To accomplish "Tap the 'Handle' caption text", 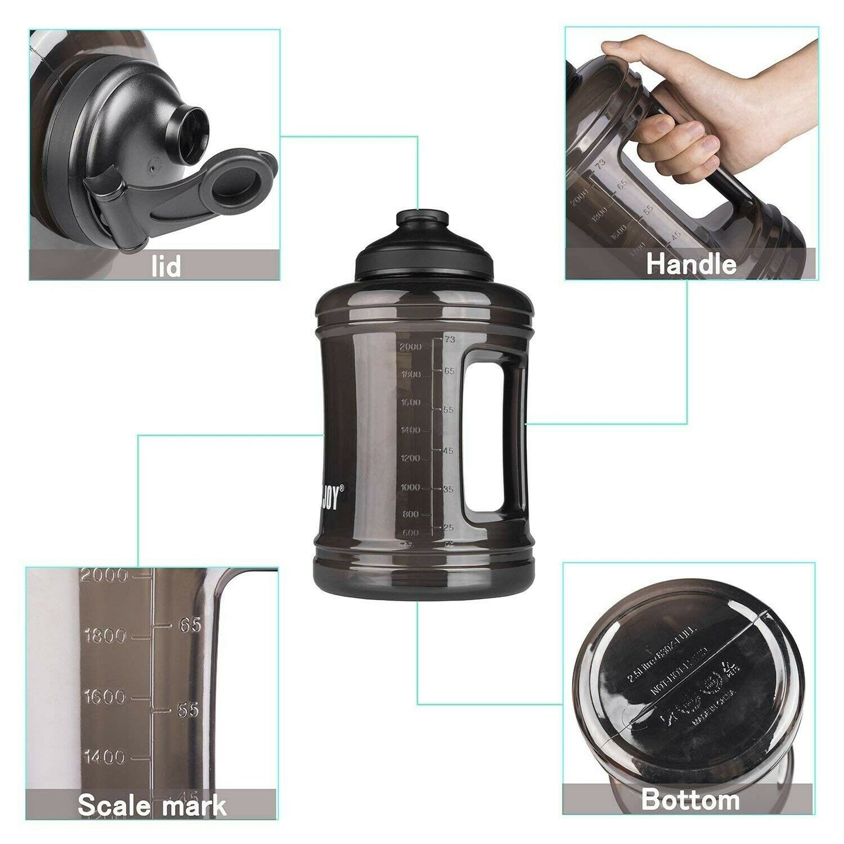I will pyautogui.click(x=691, y=264).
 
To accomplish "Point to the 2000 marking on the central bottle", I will pyautogui.click(x=411, y=347).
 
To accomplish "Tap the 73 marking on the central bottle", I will pyautogui.click(x=449, y=339).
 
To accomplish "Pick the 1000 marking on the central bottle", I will pyautogui.click(x=411, y=487).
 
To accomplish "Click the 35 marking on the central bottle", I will pyautogui.click(x=448, y=489).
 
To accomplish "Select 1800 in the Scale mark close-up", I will pyautogui.click(x=105, y=635).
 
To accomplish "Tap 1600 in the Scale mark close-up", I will pyautogui.click(x=105, y=697).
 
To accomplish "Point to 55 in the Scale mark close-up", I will pyautogui.click(x=188, y=710).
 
